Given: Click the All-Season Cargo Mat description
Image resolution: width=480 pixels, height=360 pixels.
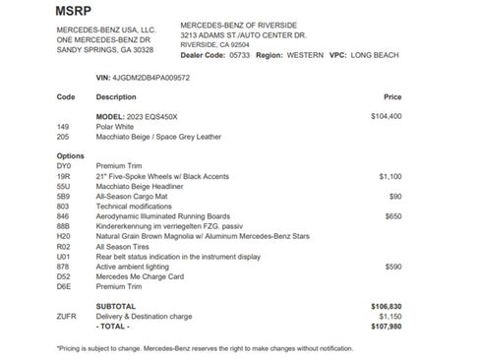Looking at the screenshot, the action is coord(134,196).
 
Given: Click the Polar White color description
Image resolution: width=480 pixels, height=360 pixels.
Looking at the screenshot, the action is coord(115,127).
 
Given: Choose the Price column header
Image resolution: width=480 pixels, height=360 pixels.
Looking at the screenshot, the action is coord(392,97).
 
